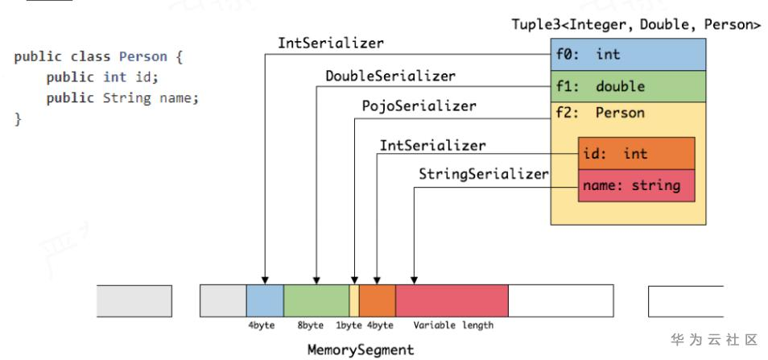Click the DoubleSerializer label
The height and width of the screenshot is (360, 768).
click(x=390, y=77)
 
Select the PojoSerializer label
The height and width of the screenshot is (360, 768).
click(x=419, y=106)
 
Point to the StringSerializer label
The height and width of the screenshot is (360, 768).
click(x=483, y=174)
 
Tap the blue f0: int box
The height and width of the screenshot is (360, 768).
click(x=628, y=55)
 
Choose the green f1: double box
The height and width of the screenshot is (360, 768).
click(x=628, y=85)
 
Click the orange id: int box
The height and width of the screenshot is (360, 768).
click(x=636, y=154)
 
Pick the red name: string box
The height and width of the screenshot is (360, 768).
click(x=636, y=186)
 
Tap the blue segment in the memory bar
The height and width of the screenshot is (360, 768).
click(x=265, y=300)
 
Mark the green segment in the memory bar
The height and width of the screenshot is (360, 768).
click(x=316, y=300)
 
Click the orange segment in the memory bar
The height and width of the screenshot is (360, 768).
click(x=378, y=300)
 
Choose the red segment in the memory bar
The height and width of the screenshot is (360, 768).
click(x=452, y=300)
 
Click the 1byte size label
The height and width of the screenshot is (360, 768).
click(x=349, y=325)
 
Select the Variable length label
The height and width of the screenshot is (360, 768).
click(x=453, y=325)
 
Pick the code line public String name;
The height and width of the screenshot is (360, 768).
click(x=122, y=98)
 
